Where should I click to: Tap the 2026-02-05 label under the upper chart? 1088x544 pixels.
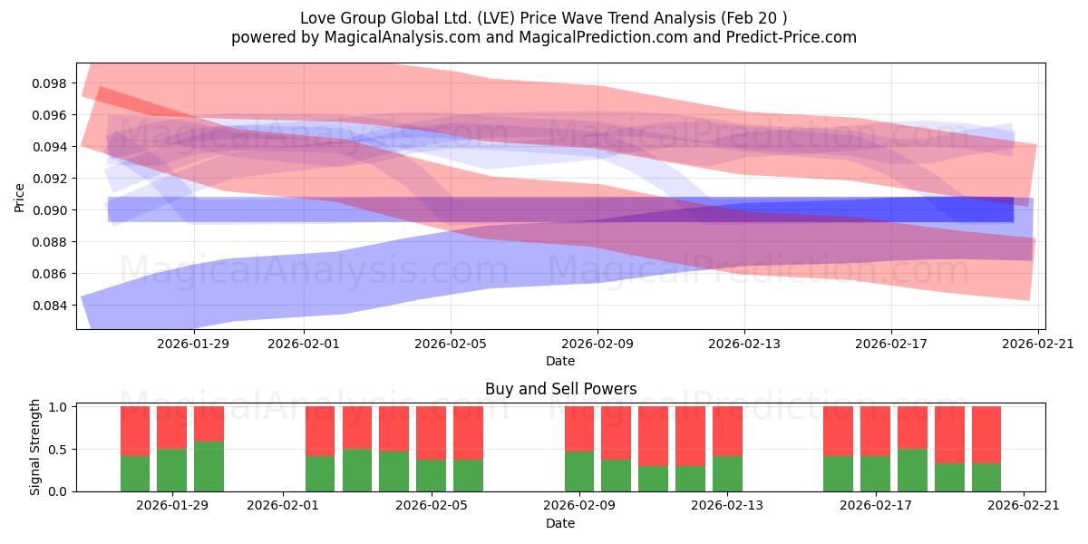[x=451, y=344]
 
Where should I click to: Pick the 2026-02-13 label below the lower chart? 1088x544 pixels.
[x=727, y=506]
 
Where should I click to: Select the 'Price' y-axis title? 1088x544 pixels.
[x=20, y=197]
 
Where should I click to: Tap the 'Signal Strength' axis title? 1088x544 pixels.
[x=34, y=447]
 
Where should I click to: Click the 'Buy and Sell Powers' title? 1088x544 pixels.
[x=560, y=389]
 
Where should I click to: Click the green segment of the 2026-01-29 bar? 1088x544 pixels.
[x=172, y=471]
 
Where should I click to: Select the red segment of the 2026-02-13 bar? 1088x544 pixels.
[x=727, y=431]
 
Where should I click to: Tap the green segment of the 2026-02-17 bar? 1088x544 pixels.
[x=875, y=473]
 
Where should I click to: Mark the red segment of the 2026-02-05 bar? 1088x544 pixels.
[x=431, y=432]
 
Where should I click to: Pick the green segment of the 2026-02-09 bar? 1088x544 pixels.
[x=579, y=471]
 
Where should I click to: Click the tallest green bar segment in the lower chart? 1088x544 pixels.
[x=209, y=467]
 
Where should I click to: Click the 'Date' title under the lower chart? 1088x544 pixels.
[x=560, y=523]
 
